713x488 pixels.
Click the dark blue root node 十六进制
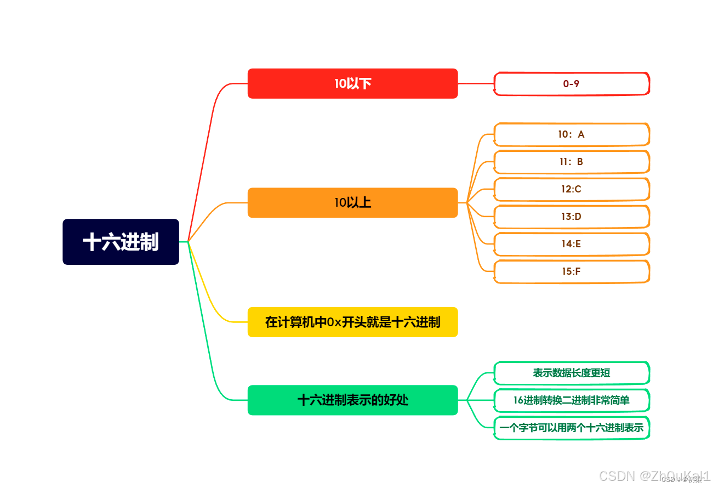tap(121, 242)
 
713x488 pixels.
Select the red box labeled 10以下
tap(352, 83)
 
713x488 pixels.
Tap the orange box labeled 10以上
tap(352, 203)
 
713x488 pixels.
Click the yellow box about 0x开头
tap(352, 322)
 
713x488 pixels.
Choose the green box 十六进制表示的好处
tap(352, 400)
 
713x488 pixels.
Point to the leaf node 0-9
tap(571, 84)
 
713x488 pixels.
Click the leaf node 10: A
tap(571, 134)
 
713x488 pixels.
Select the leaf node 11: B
tap(571, 162)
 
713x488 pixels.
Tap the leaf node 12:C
tap(571, 189)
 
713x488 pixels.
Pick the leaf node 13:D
tap(571, 217)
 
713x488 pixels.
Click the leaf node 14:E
tap(571, 244)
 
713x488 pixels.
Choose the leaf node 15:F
tap(571, 271)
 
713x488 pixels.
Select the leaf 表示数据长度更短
tap(571, 373)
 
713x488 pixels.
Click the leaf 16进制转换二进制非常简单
tap(571, 400)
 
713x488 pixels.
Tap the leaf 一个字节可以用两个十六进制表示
tap(571, 428)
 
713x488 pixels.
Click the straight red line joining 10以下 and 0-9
tap(476, 83)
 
